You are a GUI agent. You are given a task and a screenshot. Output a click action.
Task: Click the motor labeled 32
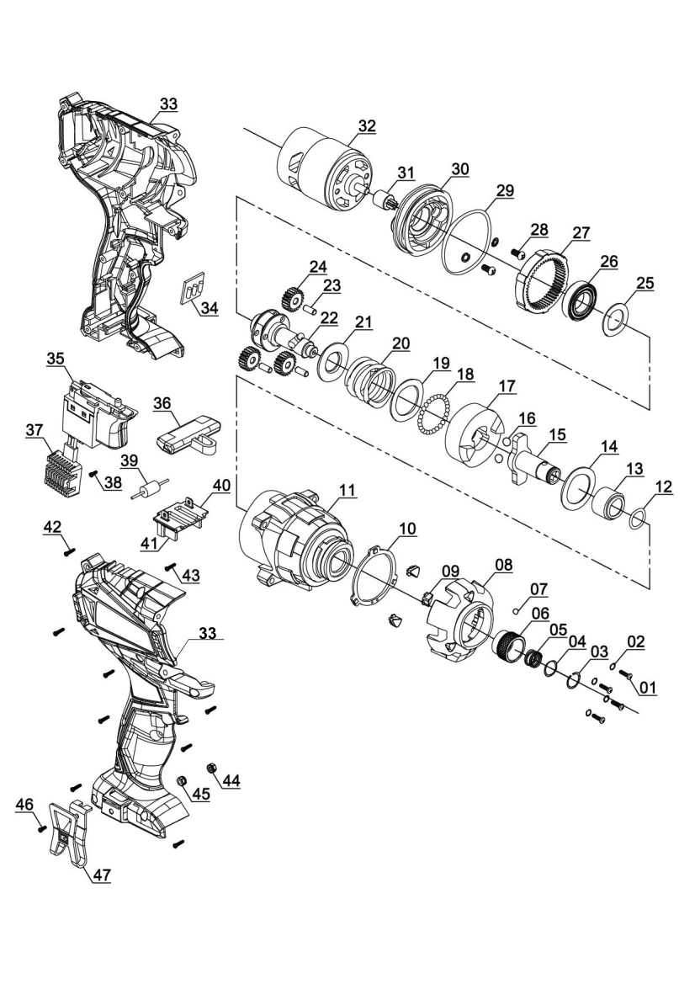[324, 168]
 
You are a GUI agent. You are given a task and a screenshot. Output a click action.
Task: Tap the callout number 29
[504, 190]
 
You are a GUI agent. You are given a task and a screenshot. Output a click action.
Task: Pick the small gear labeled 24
[290, 298]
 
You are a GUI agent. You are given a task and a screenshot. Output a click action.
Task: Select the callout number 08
[503, 564]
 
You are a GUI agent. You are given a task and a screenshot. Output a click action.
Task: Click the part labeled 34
[194, 290]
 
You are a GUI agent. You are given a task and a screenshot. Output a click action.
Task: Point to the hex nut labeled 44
[213, 767]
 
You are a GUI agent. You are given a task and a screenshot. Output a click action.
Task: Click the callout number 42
[52, 526]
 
